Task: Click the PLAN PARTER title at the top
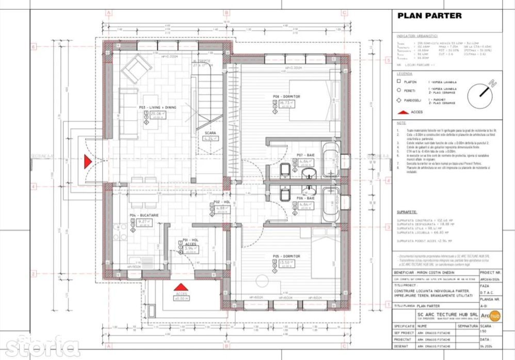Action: tap(429, 15)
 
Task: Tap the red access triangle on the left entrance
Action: tap(88, 161)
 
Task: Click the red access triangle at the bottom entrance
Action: tap(180, 287)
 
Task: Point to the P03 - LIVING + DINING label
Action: tap(157, 107)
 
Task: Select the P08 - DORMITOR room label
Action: tap(286, 96)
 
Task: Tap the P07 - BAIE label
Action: tap(306, 155)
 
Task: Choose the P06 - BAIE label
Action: tap(306, 198)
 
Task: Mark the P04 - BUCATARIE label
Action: tap(148, 215)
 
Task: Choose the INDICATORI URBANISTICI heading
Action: tap(417, 37)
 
